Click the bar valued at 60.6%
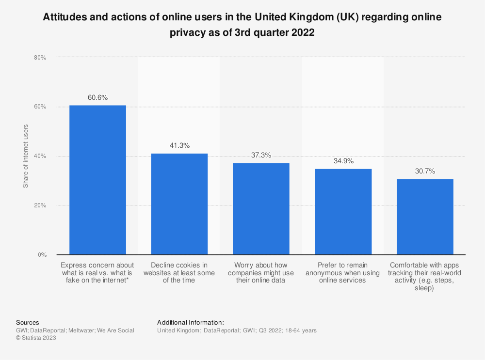point(97,180)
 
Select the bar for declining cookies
point(179,204)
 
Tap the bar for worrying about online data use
point(261,209)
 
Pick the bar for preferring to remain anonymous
point(343,212)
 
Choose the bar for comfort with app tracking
point(425,217)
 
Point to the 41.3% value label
point(179,145)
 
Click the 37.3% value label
point(261,155)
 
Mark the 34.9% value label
point(343,161)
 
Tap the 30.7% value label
point(425,171)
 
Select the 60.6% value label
point(97,97)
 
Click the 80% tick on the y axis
point(40,58)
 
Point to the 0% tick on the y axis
point(42,255)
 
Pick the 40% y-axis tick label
point(40,156)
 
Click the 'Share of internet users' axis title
point(26,156)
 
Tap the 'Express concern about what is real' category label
point(97,273)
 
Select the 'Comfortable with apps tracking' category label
point(425,277)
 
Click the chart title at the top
point(242,26)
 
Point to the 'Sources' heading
point(28,322)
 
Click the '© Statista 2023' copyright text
point(36,338)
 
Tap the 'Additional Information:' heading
point(191,322)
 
